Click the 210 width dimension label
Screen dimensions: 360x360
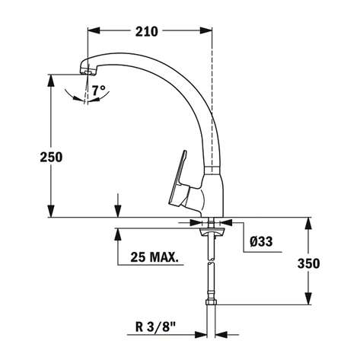click(147, 31)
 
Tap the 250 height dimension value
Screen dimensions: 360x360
click(51, 156)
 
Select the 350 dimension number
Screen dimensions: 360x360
click(308, 263)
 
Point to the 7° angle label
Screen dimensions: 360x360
click(97, 91)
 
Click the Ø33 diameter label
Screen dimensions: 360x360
click(261, 242)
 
